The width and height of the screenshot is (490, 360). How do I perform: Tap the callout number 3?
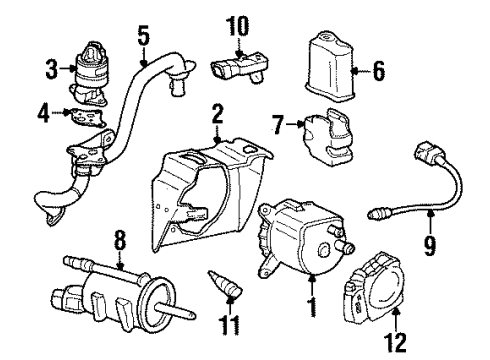coord(53,69)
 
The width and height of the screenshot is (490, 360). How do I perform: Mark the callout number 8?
coord(121,240)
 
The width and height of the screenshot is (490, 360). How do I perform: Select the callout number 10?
coord(236,23)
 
